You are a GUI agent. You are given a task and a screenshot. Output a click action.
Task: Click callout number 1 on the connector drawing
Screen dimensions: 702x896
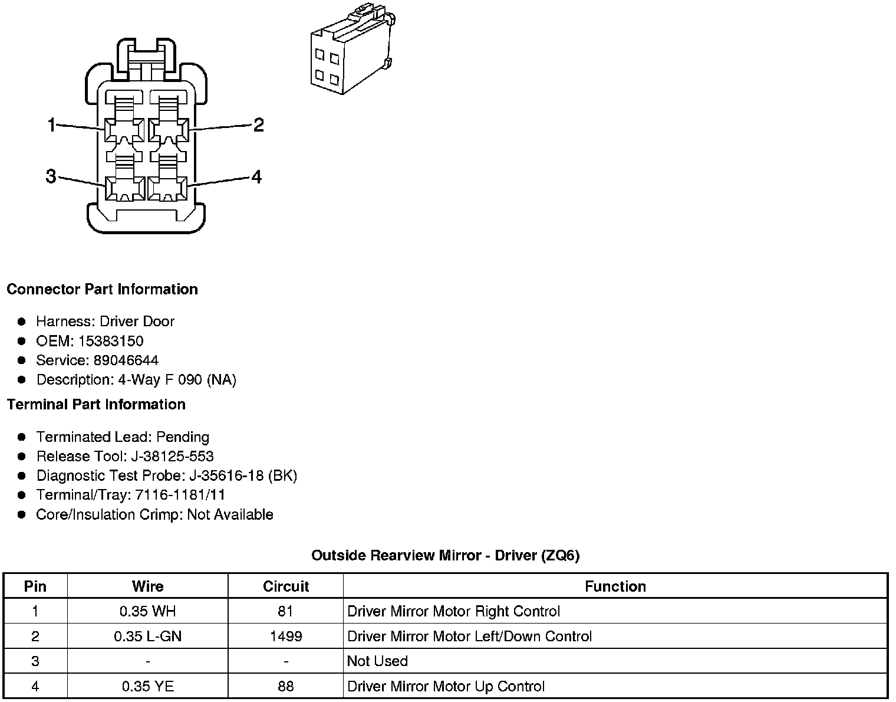tap(52, 125)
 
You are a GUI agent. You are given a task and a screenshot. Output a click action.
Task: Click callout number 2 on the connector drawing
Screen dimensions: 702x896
tap(258, 125)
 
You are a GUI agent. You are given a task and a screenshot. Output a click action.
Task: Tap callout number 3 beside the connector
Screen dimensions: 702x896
tap(51, 176)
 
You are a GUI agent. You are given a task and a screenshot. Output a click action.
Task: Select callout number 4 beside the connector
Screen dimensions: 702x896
tap(256, 177)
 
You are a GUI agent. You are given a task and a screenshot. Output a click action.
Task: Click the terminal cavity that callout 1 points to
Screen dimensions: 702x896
tap(124, 130)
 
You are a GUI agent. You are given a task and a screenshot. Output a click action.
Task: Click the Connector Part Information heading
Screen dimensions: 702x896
tap(102, 290)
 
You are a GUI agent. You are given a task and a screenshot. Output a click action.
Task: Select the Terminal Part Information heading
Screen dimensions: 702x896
tap(96, 405)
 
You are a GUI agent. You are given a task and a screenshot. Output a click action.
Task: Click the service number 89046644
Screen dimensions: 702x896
tap(126, 360)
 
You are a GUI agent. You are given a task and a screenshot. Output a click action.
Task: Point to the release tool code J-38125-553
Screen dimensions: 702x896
tap(185, 457)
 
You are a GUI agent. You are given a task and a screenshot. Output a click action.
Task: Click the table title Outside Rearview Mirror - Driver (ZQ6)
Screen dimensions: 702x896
tap(445, 556)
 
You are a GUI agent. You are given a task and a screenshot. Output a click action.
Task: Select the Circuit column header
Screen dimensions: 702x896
tap(286, 586)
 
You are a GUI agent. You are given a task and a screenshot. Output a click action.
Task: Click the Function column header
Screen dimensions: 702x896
tap(615, 586)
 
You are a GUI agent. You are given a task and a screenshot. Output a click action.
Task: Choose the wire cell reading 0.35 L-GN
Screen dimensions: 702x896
tap(147, 637)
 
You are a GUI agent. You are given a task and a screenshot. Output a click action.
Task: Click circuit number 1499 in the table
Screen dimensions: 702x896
tap(286, 637)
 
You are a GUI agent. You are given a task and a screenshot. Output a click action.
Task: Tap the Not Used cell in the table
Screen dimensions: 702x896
tap(377, 661)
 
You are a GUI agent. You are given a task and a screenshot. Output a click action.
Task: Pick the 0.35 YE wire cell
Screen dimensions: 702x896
tap(147, 687)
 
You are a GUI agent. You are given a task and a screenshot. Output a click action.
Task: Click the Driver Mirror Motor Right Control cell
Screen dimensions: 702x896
tap(453, 612)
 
